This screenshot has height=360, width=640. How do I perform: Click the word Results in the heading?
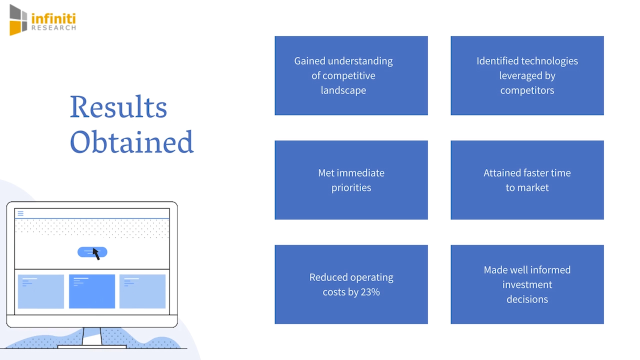click(118, 107)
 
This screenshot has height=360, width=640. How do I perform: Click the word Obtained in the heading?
click(131, 142)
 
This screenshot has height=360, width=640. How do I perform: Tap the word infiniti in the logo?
click(53, 19)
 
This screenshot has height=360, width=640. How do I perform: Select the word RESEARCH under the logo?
click(53, 28)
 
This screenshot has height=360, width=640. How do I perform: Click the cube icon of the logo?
click(18, 20)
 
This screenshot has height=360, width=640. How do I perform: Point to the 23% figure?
click(370, 292)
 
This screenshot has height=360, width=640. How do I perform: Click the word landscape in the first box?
click(343, 90)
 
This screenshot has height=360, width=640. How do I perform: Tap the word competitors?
click(527, 90)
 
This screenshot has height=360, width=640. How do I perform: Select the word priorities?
click(351, 188)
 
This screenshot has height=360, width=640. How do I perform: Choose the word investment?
click(527, 284)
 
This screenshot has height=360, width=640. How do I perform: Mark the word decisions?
click(527, 299)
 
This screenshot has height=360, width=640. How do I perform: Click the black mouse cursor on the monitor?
click(96, 253)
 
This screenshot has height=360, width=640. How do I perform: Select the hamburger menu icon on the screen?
click(20, 213)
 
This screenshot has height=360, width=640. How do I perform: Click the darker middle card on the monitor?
click(92, 291)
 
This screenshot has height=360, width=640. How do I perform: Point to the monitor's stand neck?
click(92, 336)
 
